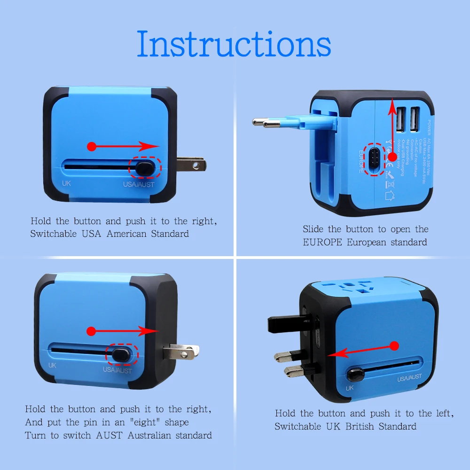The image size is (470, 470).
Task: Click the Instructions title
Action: (x=234, y=44)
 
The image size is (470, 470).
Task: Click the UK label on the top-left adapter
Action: (x=67, y=184)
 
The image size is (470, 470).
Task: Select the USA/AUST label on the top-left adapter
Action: (x=138, y=184)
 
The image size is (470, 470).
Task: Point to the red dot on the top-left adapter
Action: (x=92, y=147)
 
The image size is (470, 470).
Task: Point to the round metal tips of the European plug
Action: (x=260, y=123)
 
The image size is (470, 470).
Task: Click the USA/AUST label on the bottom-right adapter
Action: (x=409, y=377)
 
